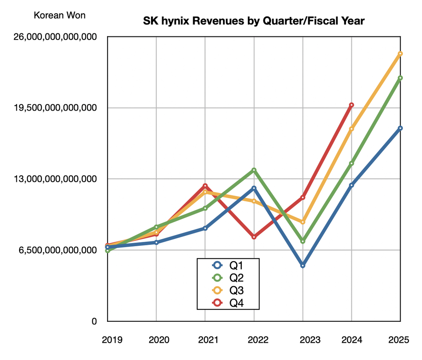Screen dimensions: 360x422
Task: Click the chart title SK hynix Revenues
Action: point(254,21)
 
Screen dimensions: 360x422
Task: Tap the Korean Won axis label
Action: point(60,15)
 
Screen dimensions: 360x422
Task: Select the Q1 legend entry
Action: point(227,265)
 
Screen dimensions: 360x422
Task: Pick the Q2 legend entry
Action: point(227,278)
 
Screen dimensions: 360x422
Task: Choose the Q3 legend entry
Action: point(227,291)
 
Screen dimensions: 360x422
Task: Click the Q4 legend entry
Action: point(227,303)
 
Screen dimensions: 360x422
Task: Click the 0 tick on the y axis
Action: point(94,321)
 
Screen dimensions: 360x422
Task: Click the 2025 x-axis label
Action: point(400,340)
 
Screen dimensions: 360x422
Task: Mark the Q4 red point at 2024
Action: point(351,105)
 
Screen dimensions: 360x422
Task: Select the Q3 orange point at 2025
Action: point(400,54)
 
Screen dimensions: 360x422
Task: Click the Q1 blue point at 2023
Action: point(303,266)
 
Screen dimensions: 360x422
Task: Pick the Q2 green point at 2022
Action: point(254,170)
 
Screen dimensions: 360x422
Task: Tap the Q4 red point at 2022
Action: point(254,237)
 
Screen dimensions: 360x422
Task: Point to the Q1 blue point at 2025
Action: point(400,128)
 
